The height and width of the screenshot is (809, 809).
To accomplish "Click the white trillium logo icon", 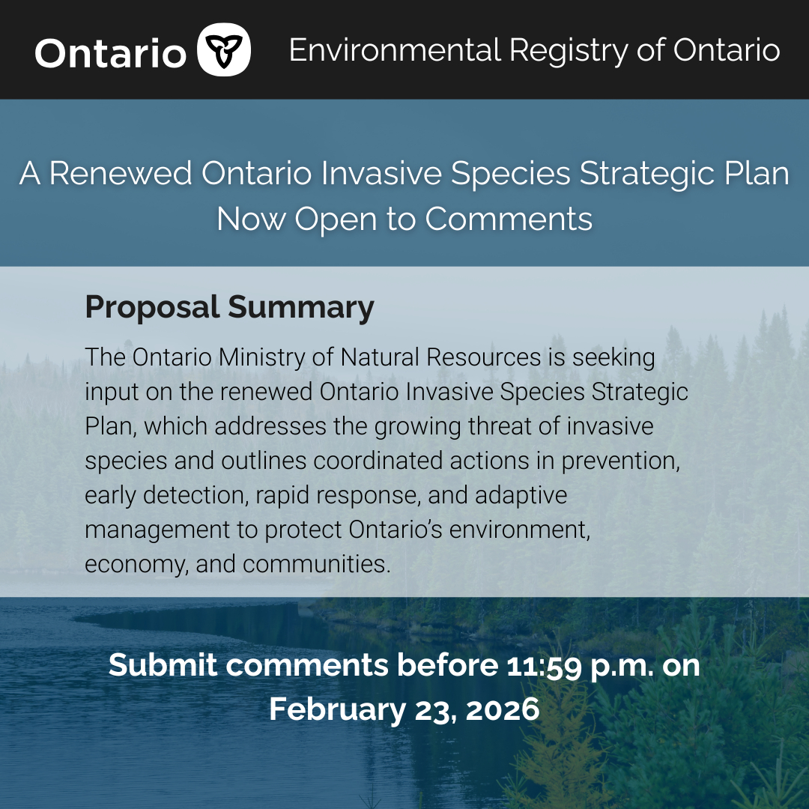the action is point(223,49).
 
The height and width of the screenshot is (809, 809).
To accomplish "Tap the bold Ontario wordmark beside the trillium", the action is point(110,53).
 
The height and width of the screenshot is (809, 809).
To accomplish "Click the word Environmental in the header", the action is point(395,50).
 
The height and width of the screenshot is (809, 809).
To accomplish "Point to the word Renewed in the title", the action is point(121,173).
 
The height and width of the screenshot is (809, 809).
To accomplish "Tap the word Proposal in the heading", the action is point(152,308).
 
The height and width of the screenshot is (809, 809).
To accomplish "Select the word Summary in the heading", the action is point(301,308).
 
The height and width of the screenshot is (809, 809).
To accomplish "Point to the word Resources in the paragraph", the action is point(483,357).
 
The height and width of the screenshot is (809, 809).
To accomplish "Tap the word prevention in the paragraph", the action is point(621,461).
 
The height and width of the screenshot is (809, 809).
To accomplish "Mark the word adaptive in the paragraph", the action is point(521,496).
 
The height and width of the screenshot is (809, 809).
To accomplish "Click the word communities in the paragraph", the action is point(316,564).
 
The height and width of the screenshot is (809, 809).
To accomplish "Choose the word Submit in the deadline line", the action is point(163,665).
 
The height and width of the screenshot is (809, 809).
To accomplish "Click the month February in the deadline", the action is point(337,710).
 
